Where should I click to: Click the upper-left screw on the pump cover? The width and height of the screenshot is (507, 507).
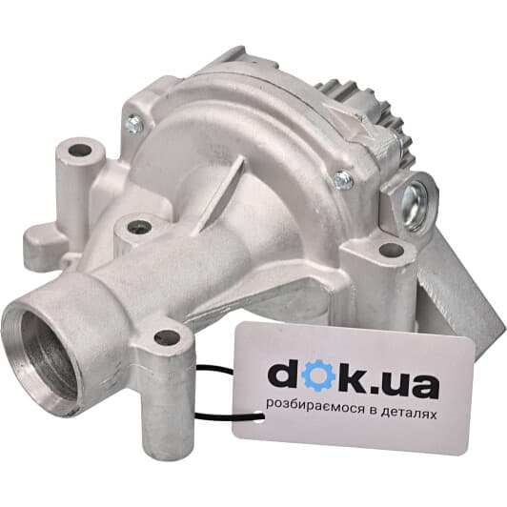(132, 123)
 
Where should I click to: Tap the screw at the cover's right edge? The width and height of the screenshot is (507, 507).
(343, 179)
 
